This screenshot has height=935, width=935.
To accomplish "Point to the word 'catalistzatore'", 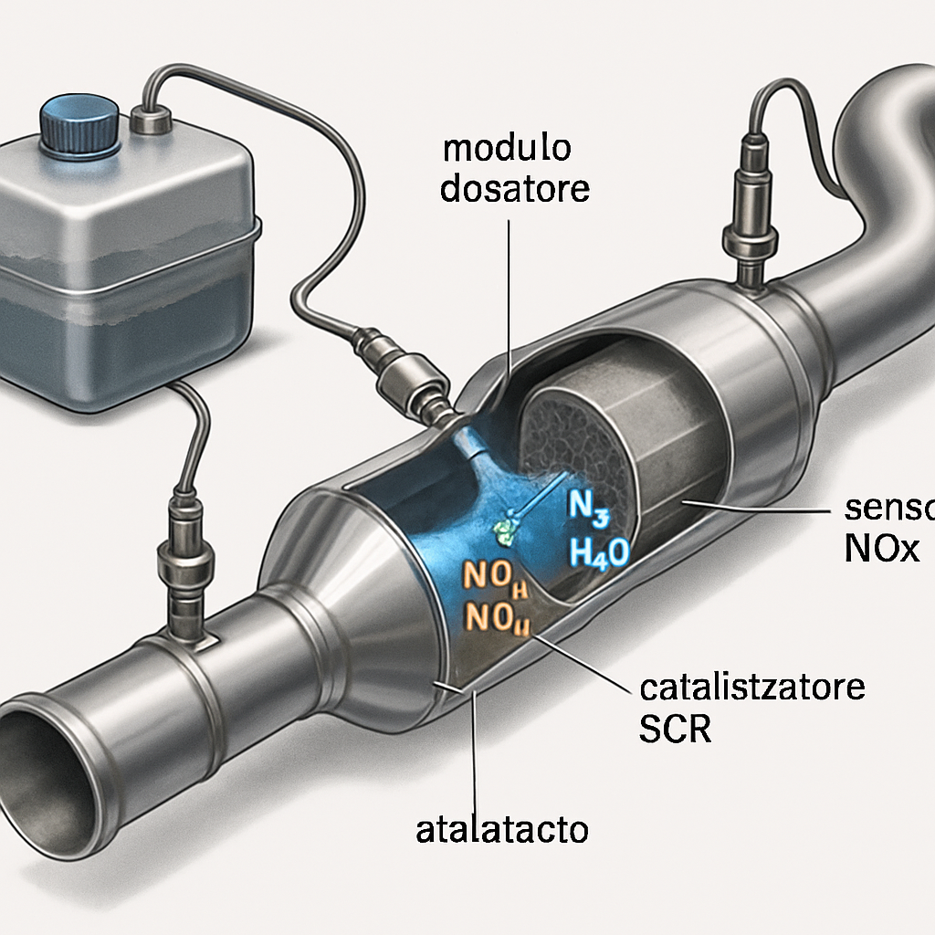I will pyautogui.click(x=741, y=686).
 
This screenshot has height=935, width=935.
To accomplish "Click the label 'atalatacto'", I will pyautogui.click(x=501, y=830).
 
